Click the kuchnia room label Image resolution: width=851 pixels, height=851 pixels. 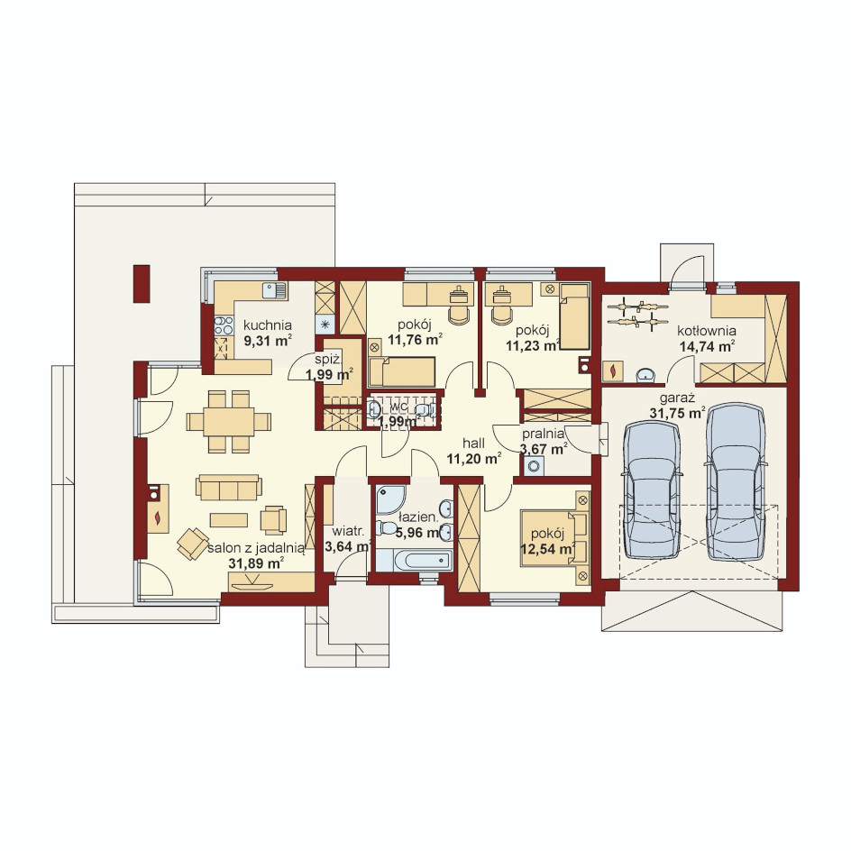267,325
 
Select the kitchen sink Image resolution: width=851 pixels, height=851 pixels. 275,291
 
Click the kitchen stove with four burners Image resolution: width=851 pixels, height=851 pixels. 224,325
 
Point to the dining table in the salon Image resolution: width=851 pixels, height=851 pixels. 228,422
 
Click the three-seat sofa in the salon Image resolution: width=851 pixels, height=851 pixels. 228,488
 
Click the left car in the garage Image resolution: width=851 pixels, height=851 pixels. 652,490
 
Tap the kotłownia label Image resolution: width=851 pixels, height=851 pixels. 707,331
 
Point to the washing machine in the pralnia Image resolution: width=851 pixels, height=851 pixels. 534,466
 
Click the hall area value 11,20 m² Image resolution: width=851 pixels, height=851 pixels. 474,459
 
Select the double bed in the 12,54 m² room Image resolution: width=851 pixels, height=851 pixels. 554,538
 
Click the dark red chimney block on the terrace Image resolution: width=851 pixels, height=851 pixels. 142,283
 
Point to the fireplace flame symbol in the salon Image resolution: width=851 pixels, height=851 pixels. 159,517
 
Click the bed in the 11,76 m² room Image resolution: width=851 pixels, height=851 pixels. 402,371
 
